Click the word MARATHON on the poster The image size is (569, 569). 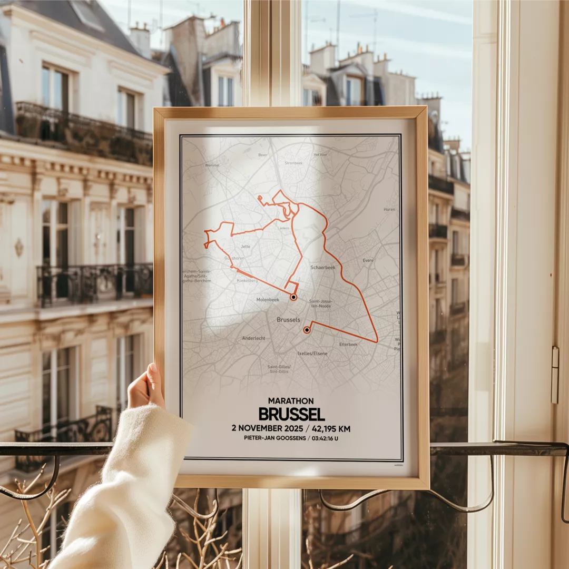click(x=291, y=401)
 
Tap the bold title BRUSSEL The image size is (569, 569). click(x=291, y=414)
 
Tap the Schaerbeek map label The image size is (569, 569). click(x=322, y=268)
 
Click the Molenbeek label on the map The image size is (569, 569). click(x=268, y=300)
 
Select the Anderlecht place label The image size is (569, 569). click(x=253, y=338)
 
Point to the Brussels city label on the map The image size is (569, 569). click(x=288, y=320)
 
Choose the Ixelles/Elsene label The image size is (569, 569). click(x=312, y=354)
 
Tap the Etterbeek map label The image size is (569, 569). click(x=348, y=345)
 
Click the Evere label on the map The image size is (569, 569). click(x=368, y=260)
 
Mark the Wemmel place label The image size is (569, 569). click(x=212, y=165)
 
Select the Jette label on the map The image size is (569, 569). click(x=246, y=247)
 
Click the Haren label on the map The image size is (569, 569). click(x=389, y=210)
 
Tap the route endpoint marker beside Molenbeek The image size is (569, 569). click(x=293, y=297)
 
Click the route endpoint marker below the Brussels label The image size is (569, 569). click(x=307, y=330)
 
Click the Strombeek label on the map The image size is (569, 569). click(x=293, y=163)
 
